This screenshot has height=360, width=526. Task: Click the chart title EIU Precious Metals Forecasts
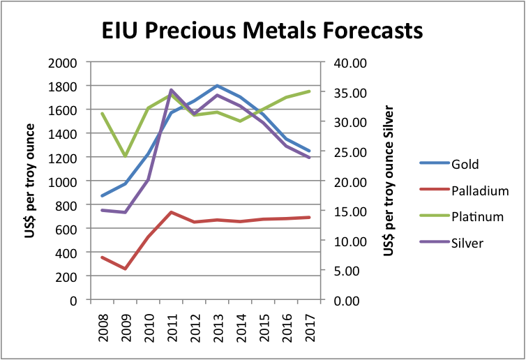262,31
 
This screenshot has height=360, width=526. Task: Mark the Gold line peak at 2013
217,86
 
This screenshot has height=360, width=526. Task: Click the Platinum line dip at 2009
125,156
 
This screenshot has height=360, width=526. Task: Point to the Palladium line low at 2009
125,269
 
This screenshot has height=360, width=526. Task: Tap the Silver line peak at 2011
171,90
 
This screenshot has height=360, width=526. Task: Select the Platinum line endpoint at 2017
309,91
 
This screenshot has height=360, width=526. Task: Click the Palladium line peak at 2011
171,212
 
